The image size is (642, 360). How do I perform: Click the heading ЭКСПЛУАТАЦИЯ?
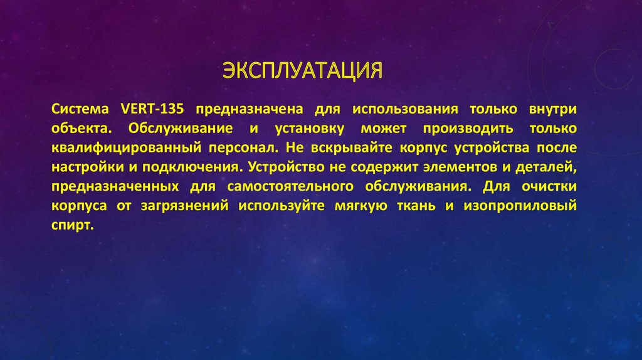coord(303,70)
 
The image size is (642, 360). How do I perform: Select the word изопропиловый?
coord(520,207)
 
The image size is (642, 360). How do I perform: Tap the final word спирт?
coord(73,227)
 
